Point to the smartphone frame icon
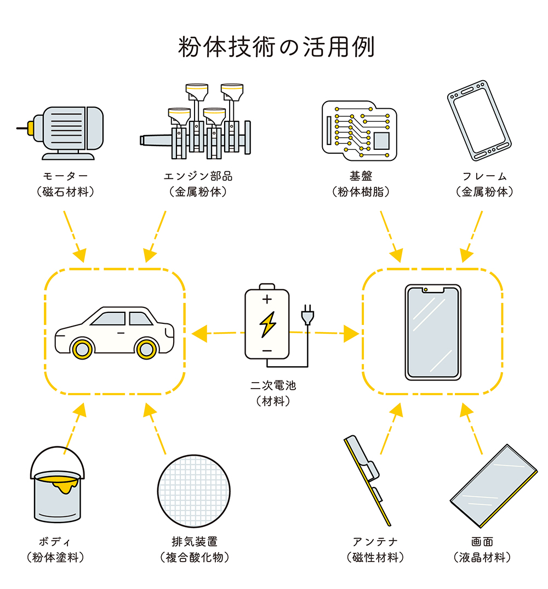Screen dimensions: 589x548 point(479,120)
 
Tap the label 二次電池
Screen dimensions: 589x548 point(272,386)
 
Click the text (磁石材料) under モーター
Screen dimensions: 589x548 point(65,192)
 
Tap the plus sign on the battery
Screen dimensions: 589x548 point(267,300)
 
